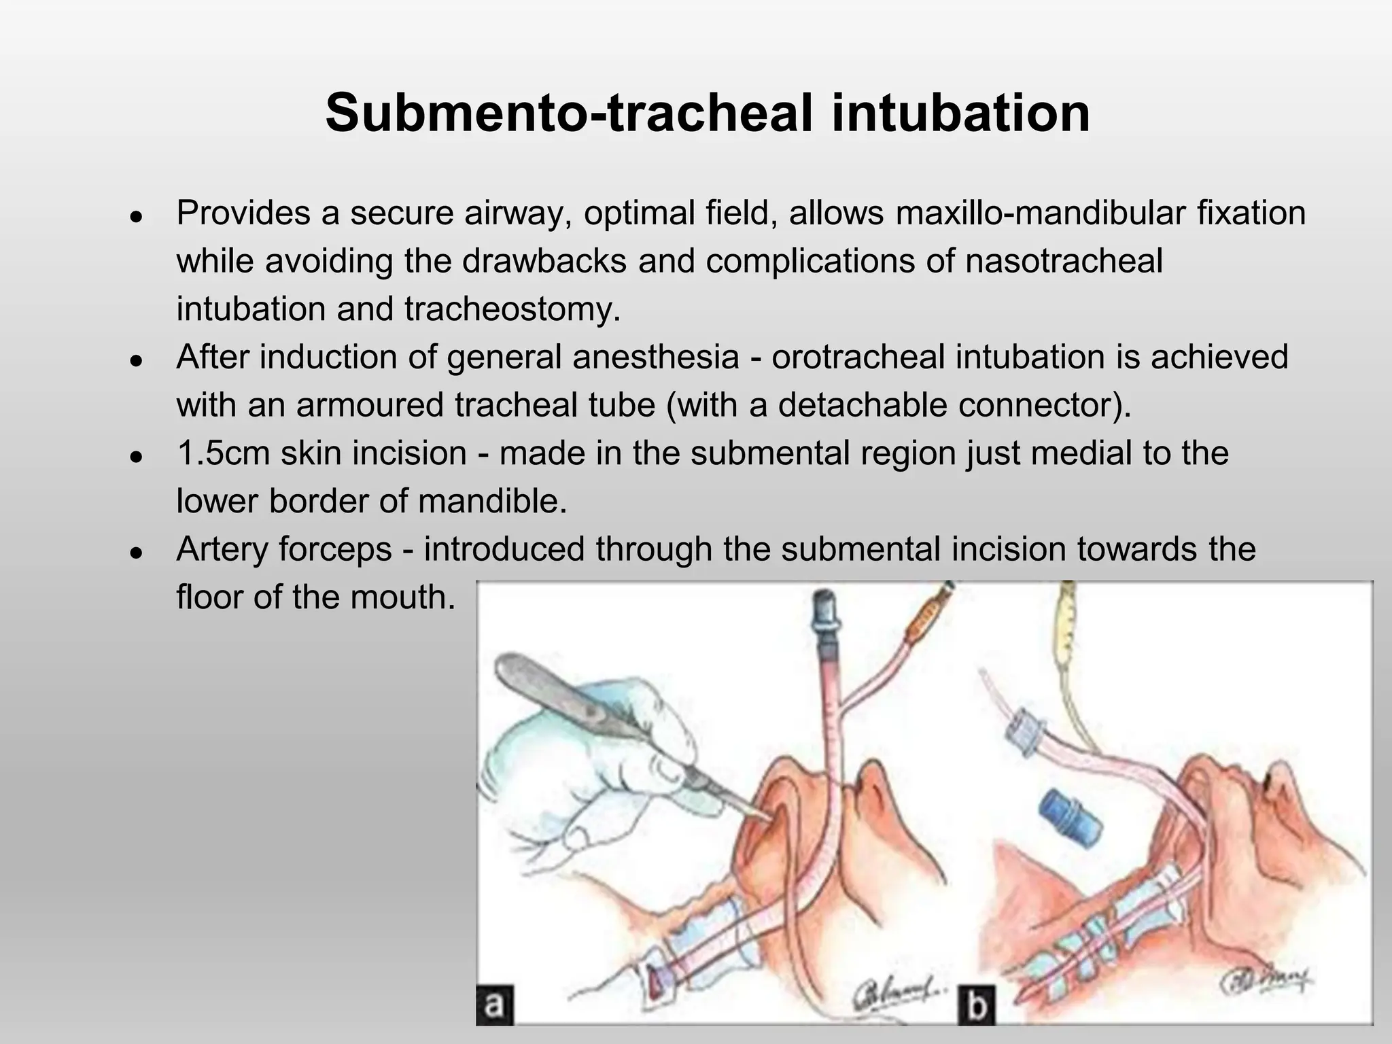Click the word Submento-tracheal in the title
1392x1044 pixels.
568,113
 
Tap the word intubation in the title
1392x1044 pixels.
960,113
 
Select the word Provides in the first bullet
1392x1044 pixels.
243,213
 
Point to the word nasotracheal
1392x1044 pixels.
1064,261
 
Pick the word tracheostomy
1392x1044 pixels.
512,309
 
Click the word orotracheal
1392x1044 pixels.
858,357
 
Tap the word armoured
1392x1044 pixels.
370,405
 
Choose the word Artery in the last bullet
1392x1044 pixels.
226,549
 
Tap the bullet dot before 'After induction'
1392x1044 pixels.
137,361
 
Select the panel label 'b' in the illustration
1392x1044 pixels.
976,1005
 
